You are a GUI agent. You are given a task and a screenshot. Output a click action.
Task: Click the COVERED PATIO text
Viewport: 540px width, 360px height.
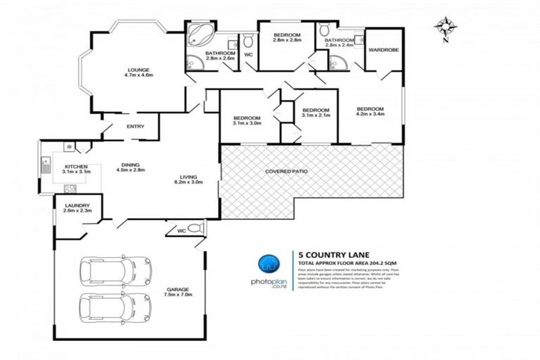point(290,172)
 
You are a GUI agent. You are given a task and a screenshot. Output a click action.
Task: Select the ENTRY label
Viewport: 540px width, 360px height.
point(135,127)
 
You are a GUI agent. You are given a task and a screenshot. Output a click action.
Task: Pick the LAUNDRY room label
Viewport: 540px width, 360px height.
point(76,206)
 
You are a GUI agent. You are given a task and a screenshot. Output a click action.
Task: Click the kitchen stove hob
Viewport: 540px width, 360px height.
point(70,188)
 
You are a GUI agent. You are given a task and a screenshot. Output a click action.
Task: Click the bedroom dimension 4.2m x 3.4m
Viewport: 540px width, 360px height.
point(370,117)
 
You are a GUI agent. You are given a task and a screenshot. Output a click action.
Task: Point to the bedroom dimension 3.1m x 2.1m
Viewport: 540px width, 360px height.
point(316,117)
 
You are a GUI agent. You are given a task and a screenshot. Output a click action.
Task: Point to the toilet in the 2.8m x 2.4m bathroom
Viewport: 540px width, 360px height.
point(324,31)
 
